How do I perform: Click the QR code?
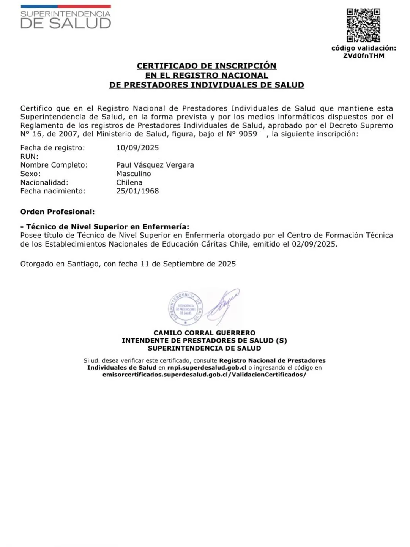363,25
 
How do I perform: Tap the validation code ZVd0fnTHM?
364,56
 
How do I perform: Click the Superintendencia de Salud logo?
66,17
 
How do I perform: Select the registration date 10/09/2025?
137,148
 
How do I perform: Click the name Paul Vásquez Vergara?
155,165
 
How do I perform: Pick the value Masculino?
134,174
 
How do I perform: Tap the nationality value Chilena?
129,182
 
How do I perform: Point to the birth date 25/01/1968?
137,191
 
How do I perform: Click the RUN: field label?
29,157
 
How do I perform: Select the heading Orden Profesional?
57,212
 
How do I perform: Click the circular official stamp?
186,308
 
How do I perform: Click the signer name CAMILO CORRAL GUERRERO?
204,333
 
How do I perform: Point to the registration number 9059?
248,134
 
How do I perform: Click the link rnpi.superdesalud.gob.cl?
207,368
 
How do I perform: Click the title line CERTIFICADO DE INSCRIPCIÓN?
207,66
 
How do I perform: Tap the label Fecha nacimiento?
53,191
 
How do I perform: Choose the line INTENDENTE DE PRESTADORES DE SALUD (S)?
204,341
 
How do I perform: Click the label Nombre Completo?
54,165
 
